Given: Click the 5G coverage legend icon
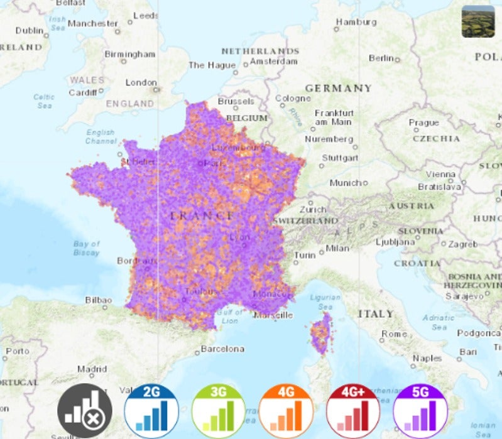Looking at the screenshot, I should pos(420,411).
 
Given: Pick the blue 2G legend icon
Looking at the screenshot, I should pos(151,411).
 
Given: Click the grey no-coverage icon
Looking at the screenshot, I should pos(85,411).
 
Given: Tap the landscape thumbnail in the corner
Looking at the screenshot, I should pos(477,21).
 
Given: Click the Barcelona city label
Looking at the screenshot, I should pos(222,349).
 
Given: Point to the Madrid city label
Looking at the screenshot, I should pos(92,369).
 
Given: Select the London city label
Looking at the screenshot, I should pos(141,82).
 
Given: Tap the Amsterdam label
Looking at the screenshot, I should pos(274,62).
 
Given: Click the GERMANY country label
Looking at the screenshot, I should pos(338,89).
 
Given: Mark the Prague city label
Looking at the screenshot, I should pos(423,122).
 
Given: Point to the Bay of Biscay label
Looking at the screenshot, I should pos(86,248).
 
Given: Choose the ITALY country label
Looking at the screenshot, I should pos(376,313).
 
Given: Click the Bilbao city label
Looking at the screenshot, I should pos(99,300).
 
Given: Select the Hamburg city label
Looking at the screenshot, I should pos(356,22).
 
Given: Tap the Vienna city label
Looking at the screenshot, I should pos(440,174).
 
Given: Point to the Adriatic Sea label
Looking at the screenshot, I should pos(439,322).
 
